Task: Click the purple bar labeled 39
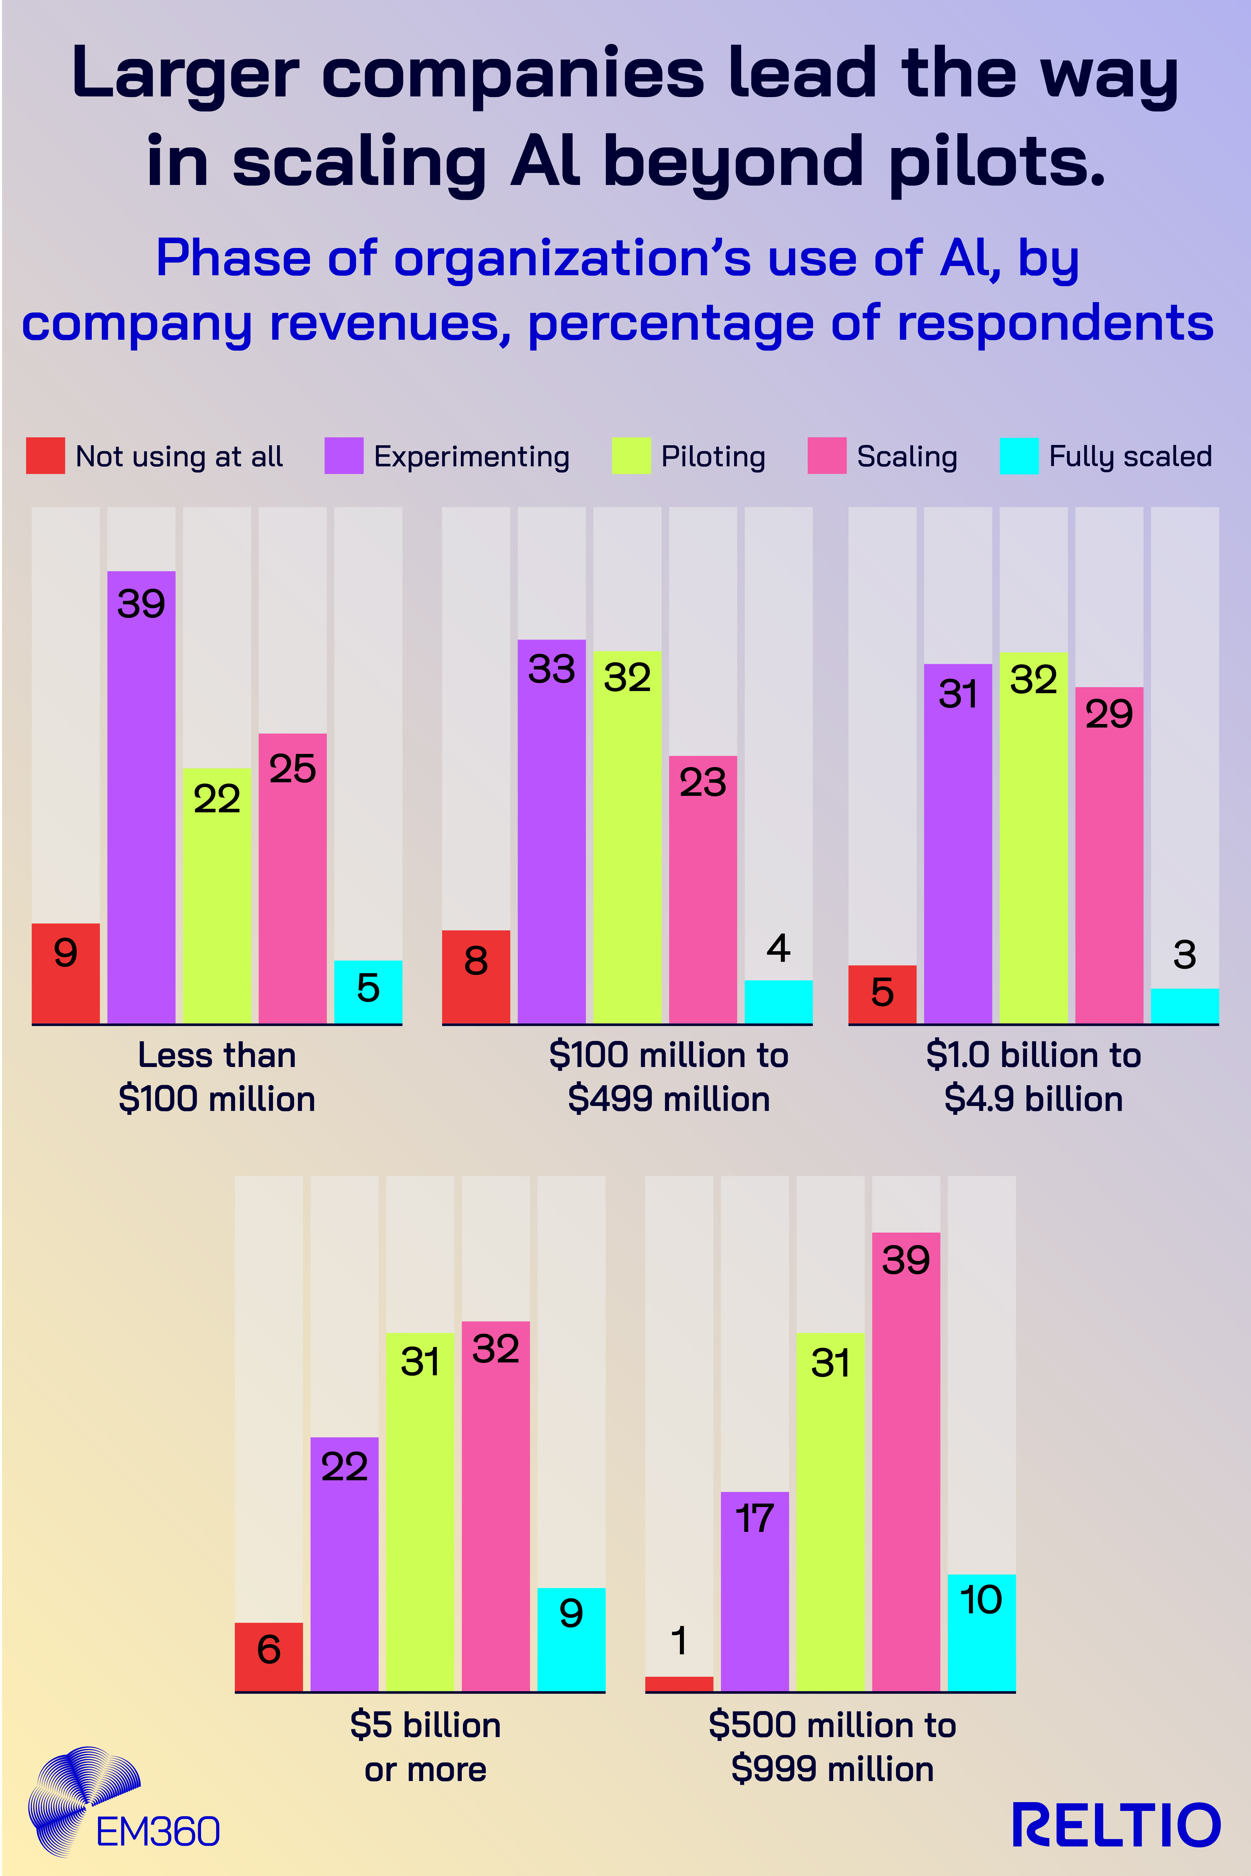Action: (x=141, y=798)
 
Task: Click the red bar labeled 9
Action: (x=65, y=973)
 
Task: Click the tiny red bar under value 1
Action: (x=679, y=1684)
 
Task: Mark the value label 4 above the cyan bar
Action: (x=779, y=948)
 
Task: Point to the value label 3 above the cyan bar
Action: (x=1185, y=955)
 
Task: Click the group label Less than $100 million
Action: (x=217, y=1077)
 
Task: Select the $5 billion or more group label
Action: (x=425, y=1747)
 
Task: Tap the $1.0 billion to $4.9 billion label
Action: (x=1033, y=1077)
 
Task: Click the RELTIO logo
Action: (x=1115, y=1825)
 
